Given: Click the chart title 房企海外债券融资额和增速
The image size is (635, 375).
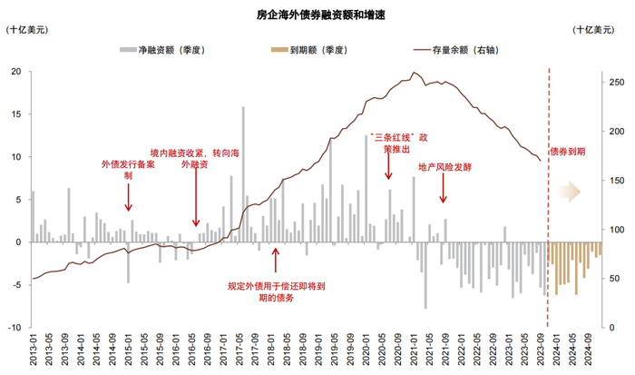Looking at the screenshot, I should click(x=317, y=15).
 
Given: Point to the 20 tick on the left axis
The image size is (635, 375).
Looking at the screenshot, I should click(x=16, y=72).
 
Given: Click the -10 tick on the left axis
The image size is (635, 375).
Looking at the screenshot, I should click(x=15, y=327).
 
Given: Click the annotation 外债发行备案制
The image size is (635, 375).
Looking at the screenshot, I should click(x=129, y=170).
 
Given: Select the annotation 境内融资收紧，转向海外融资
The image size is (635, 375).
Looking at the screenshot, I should click(x=195, y=159).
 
